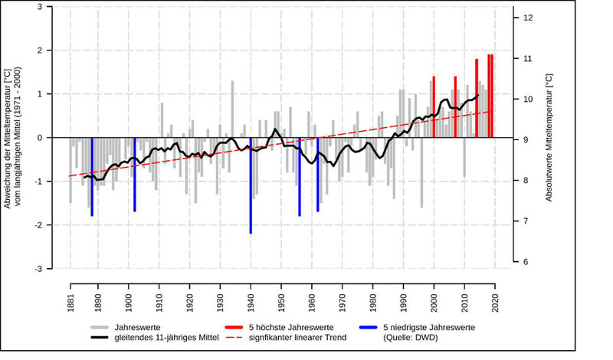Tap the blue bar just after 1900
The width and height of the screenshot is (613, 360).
click(135, 175)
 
